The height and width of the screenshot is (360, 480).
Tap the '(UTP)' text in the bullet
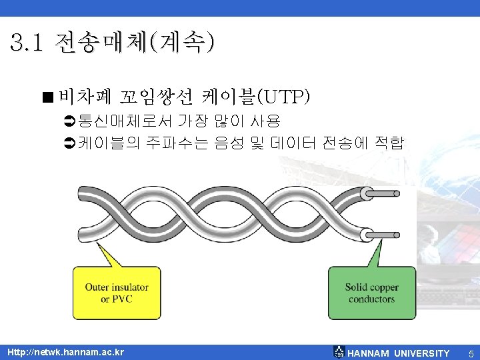(287, 98)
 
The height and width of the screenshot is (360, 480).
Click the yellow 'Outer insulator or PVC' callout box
(116, 293)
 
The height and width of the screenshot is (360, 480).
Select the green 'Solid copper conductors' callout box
(371, 293)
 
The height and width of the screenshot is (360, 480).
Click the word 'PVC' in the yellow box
(123, 299)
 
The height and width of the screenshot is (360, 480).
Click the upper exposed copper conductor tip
(387, 194)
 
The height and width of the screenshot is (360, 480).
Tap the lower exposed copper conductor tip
(387, 234)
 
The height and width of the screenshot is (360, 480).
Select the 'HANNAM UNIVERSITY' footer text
(399, 353)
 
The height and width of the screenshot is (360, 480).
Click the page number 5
(471, 353)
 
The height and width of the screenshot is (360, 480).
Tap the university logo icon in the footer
(339, 353)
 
